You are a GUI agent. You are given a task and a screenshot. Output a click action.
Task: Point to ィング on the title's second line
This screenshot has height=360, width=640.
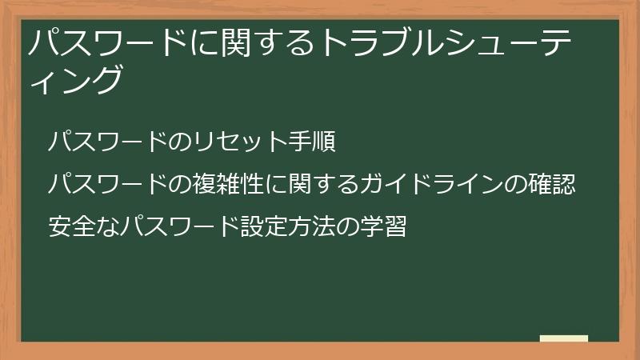[x=77, y=80]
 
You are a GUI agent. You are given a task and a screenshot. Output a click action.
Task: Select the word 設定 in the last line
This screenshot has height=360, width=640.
[x=263, y=226]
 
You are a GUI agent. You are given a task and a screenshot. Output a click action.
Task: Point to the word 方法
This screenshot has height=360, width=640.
[x=309, y=226]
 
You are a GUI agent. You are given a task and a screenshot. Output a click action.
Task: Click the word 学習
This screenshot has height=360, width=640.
[x=388, y=226]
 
